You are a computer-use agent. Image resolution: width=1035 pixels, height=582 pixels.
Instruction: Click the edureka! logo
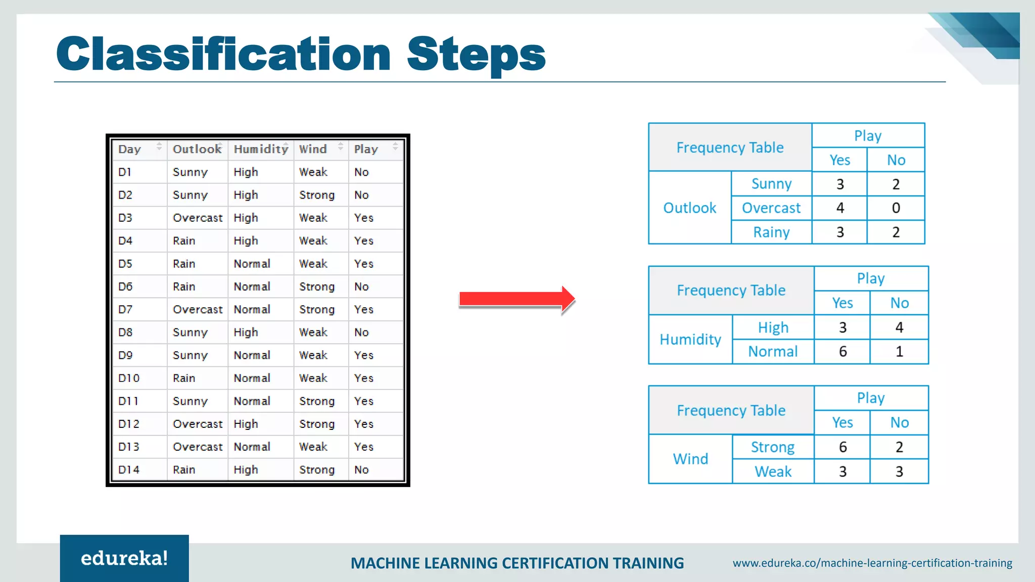coord(124,558)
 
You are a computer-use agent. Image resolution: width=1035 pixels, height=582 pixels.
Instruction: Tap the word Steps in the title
coord(476,55)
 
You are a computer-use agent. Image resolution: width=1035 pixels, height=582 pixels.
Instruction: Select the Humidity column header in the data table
coord(260,149)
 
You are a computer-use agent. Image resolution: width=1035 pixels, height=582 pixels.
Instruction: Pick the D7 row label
coord(125,309)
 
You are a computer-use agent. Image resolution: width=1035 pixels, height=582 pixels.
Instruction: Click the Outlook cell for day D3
coord(197,218)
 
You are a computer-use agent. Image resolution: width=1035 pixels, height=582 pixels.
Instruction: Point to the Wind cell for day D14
coord(316,470)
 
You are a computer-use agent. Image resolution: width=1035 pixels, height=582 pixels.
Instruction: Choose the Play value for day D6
coord(361,286)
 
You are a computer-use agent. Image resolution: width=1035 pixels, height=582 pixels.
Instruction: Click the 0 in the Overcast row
coord(896,208)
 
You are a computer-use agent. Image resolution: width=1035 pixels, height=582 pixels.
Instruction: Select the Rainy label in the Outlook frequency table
coord(771,232)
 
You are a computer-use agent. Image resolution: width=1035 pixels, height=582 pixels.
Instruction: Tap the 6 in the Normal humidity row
coord(842,352)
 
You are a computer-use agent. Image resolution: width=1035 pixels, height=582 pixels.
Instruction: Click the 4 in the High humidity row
coord(899,327)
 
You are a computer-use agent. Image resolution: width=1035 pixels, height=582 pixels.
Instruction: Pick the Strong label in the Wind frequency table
coord(772,447)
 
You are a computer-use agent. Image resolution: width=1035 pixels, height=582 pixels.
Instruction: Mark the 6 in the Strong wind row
coord(842,447)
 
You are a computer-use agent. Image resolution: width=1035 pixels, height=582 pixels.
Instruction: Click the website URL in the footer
coord(872,563)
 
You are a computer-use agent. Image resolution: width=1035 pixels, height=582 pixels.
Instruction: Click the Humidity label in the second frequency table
coord(690,339)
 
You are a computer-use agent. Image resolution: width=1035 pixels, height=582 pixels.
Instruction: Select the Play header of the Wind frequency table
coord(871,398)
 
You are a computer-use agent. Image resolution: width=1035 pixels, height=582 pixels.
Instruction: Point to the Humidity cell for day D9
coord(252,355)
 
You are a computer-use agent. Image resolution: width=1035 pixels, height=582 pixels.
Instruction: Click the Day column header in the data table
coord(129,149)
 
